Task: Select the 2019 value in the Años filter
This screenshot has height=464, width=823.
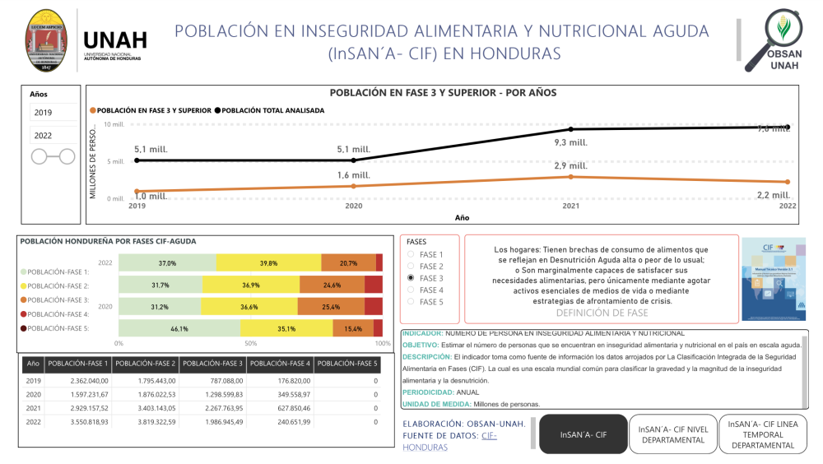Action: [44, 113]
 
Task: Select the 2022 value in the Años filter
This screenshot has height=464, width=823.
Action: [44, 136]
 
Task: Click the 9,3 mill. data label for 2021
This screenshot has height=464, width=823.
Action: [571, 142]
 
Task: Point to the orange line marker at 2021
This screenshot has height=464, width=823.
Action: [571, 177]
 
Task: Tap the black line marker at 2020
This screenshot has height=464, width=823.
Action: [353, 160]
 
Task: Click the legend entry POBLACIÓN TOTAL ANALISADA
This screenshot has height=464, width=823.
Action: [272, 109]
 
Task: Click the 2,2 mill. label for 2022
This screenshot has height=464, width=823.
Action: [773, 195]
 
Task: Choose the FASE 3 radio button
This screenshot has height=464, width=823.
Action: [411, 278]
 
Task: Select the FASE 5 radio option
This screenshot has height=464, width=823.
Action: [411, 302]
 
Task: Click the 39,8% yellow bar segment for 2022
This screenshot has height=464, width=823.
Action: [268, 263]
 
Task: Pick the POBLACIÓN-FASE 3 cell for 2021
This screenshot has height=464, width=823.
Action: [212, 407]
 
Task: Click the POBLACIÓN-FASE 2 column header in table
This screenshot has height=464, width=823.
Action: [145, 363]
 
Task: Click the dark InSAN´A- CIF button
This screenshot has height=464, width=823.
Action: [583, 434]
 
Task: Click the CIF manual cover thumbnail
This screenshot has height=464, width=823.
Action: [774, 279]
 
